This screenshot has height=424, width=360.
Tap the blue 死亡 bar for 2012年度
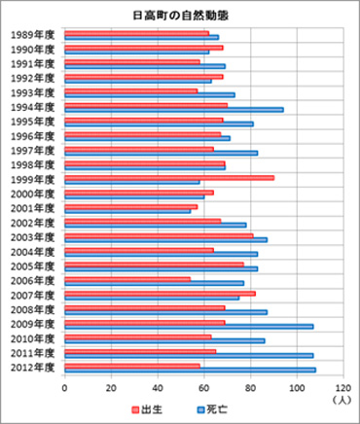190,370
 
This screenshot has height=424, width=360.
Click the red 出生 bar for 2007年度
160,293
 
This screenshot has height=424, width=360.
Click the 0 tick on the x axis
64,386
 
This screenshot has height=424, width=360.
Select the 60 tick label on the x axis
203,386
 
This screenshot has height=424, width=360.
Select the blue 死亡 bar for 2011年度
189,355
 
